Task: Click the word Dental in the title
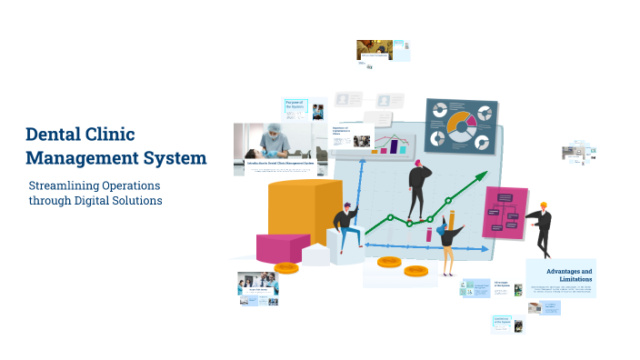55,135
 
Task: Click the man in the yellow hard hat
543,227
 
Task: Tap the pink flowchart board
505,212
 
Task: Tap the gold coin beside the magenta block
286,267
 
